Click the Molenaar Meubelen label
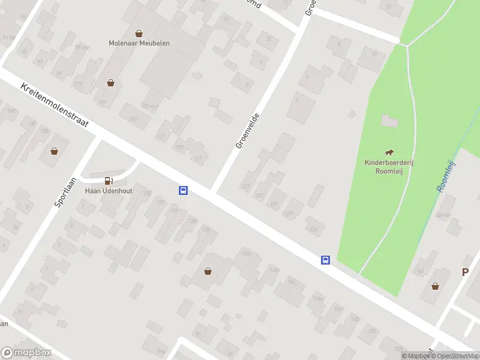tap(139, 43)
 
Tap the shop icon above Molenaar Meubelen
tap(139, 33)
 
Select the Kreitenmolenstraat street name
tap(55, 105)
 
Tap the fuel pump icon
tap(109, 180)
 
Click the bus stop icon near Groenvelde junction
tap(184, 191)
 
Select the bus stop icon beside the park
tap(325, 260)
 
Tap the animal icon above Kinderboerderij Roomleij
tap(390, 152)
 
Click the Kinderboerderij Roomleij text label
tap(390, 166)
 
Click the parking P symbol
tap(464, 272)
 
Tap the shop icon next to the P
tap(435, 286)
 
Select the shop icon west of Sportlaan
tap(55, 151)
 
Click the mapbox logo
tap(26, 353)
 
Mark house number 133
tap(313, 229)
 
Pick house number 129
tap(289, 214)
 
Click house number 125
tap(260, 196)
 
